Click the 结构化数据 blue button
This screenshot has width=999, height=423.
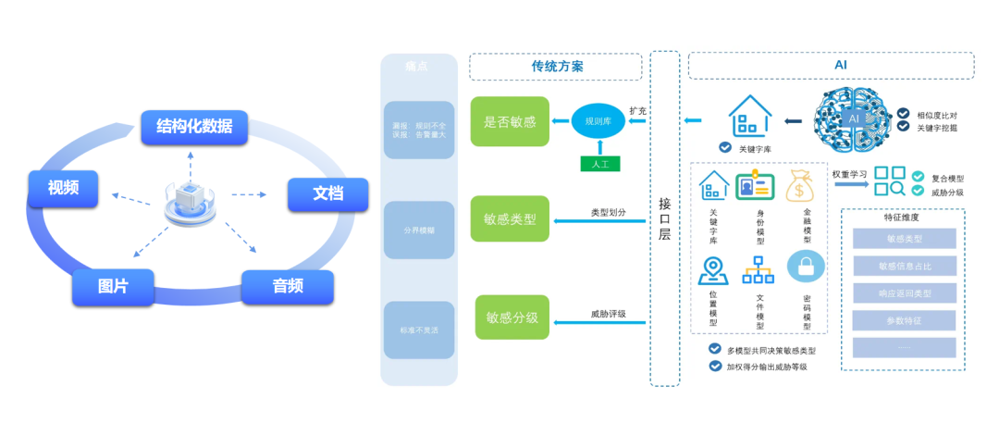[194, 127]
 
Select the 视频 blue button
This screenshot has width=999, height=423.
[63, 188]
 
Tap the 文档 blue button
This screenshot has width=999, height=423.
[327, 194]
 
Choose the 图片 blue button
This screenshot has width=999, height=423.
[113, 287]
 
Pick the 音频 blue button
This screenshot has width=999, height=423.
[288, 287]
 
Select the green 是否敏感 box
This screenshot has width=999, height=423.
[510, 121]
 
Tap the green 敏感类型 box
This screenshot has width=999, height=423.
[510, 219]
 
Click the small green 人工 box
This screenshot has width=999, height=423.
[599, 164]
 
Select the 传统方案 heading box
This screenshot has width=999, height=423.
[556, 67]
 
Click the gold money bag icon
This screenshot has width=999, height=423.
[799, 187]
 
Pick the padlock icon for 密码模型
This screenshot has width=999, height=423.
[806, 268]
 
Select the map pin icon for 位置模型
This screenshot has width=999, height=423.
[712, 268]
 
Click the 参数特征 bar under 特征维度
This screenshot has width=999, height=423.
[904, 320]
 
